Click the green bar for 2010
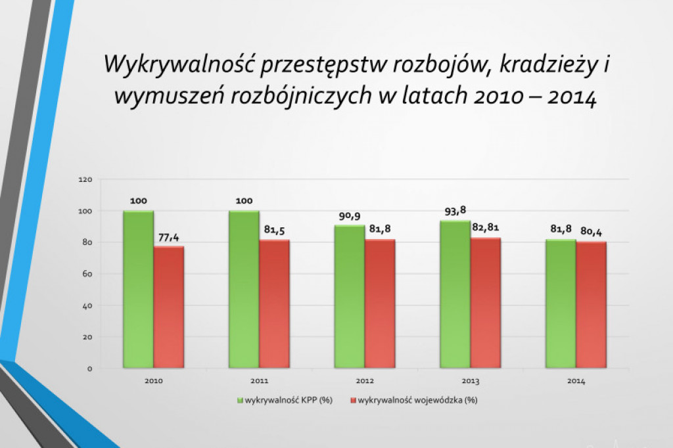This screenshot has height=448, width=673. coord(138,289)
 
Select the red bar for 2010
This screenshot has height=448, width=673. coord(169,307)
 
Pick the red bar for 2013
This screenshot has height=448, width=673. coord(486,303)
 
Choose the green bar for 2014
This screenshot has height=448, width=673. coord(561,304)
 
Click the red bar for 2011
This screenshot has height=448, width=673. coord(274,304)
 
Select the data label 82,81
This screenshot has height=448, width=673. coord(486,227)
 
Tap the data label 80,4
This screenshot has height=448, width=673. coord(592,231)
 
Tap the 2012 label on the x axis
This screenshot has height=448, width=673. coord(364,381)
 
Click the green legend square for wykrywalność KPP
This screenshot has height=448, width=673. coord(241,399)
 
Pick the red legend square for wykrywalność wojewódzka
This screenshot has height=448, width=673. coord(352,399)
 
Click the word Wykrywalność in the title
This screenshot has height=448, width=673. coord(177,66)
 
